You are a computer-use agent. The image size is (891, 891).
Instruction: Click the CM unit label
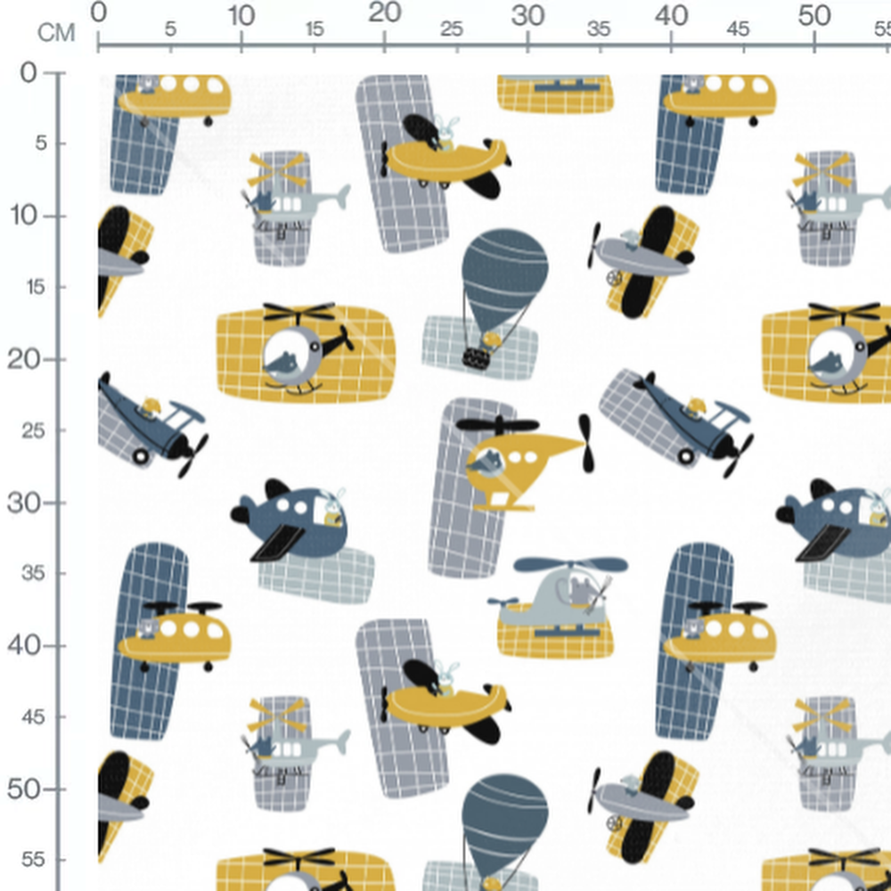pos(56,33)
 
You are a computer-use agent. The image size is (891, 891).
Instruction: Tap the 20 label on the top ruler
pos(385,12)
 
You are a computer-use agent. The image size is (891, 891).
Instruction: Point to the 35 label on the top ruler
pos(599,29)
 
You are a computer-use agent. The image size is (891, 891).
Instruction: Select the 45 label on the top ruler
pos(738,29)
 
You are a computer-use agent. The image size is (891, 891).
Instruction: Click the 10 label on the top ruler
pos(241,16)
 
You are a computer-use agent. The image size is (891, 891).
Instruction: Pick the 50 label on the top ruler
pos(814,16)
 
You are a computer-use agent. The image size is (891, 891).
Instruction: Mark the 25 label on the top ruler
pos(452,29)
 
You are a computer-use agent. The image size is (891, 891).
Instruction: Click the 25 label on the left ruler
pos(34,431)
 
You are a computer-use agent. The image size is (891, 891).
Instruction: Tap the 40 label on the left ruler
pos(24,646)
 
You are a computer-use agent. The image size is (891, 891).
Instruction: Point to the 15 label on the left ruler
pos(35,288)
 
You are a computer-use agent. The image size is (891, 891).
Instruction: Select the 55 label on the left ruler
pos(34,861)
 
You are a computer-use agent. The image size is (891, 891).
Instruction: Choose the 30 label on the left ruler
pos(24,503)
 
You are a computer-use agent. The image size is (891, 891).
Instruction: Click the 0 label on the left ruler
pos(29,73)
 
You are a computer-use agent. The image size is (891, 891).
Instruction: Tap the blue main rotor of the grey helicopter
pos(570,564)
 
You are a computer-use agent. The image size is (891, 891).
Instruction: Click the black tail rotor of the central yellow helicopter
pos(586,443)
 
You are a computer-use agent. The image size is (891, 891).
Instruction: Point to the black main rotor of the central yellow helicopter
pos(498,424)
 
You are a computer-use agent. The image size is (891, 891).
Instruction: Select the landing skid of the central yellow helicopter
pos(503,506)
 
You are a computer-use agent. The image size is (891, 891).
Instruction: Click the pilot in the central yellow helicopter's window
pos(486,462)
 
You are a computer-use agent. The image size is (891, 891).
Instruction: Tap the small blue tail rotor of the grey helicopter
pos(503,601)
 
